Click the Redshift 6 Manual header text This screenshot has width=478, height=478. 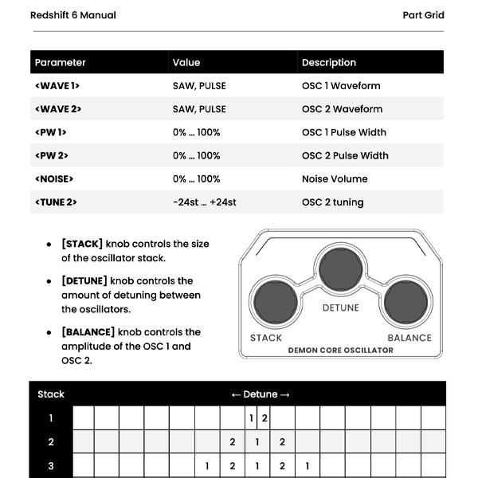pyautogui.click(x=72, y=15)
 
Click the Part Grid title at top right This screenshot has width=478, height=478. pyautogui.click(x=423, y=15)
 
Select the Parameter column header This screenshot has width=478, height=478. pyautogui.click(x=61, y=62)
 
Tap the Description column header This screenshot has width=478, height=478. pyautogui.click(x=329, y=62)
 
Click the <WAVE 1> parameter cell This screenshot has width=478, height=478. pyautogui.click(x=57, y=85)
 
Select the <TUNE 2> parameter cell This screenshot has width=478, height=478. pyautogui.click(x=56, y=202)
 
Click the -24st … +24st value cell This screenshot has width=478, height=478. pyautogui.click(x=204, y=202)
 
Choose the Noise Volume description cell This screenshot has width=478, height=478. pyautogui.click(x=334, y=178)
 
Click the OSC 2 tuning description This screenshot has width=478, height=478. pyautogui.click(x=332, y=202)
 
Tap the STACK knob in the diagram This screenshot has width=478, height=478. pyautogui.click(x=274, y=304)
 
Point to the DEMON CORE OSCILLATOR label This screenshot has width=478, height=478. pyautogui.click(x=340, y=350)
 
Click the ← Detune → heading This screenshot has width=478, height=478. pyautogui.click(x=261, y=394)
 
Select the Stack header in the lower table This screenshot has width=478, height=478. pyautogui.click(x=51, y=394)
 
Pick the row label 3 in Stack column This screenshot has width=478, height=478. pyautogui.click(x=51, y=466)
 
